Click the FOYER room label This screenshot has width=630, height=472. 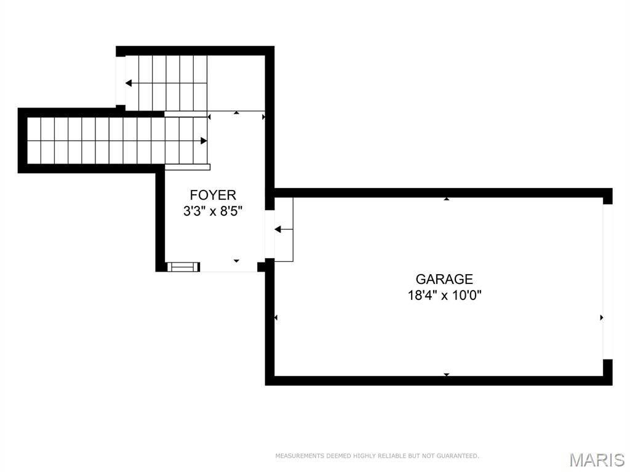point(213,195)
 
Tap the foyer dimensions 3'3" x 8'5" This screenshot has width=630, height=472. point(213,211)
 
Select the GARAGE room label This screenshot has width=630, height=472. point(444,280)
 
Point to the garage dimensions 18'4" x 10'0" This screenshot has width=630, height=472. point(444,295)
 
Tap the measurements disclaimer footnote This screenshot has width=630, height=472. point(377,456)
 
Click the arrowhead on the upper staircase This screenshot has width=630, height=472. point(129,83)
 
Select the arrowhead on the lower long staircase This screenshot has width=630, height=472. point(204,141)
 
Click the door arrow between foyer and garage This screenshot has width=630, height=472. point(277,229)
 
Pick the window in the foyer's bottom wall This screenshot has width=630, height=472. point(183,267)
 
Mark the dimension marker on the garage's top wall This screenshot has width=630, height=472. point(447,199)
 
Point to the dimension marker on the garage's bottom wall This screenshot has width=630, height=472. point(447,374)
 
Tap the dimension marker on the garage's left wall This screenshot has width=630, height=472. point(276,318)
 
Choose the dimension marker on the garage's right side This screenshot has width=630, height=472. point(601,318)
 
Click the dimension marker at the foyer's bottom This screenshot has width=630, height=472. point(236,261)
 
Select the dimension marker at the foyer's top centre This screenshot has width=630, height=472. point(236,112)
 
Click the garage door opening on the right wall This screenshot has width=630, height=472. point(608,281)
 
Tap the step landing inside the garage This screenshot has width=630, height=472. point(284,229)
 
